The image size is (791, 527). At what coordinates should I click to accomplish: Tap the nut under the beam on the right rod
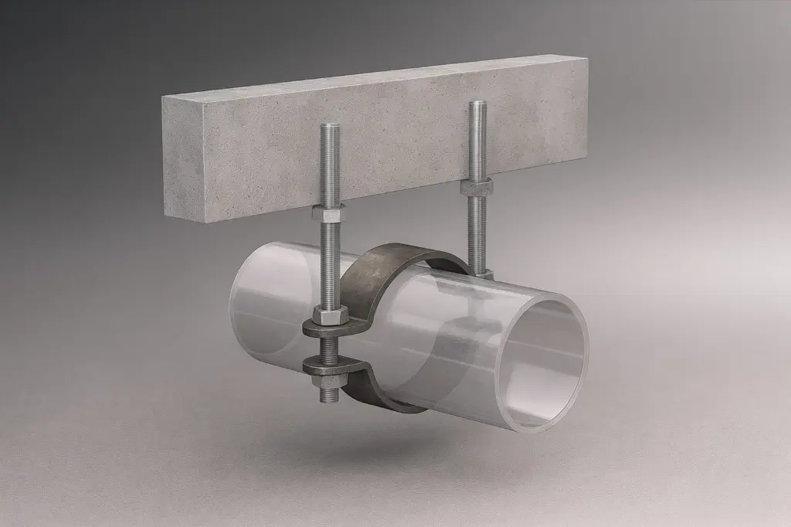(x=477, y=187)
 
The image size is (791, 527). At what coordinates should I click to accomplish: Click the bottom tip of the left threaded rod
(x=329, y=399)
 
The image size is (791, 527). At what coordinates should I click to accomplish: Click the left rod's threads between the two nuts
(x=328, y=263)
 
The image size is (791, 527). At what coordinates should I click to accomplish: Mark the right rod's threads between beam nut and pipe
(x=478, y=232)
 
